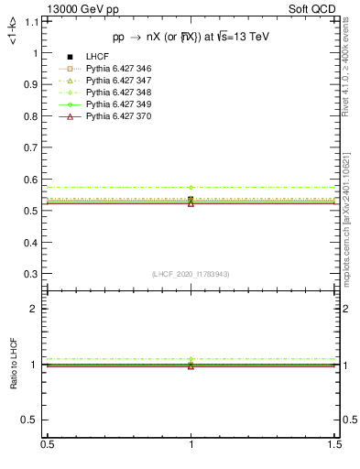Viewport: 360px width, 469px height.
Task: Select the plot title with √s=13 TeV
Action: [191, 38]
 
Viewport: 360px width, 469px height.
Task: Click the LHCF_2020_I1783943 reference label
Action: [191, 275]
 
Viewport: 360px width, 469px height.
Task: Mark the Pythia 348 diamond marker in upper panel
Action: [191, 187]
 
